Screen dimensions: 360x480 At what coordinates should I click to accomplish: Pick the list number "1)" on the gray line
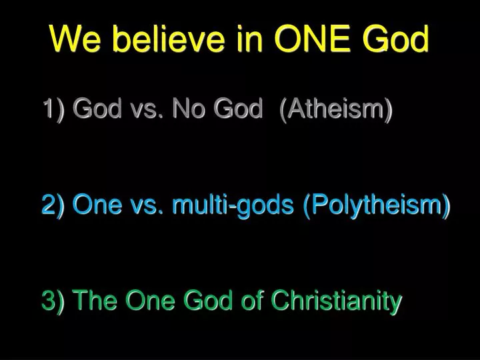click(x=53, y=108)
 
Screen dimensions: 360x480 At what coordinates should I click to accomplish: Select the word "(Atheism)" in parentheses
click(x=337, y=108)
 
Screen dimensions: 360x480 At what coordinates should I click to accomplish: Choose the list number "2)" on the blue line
click(x=53, y=205)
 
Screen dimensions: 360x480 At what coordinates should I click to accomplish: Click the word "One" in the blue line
click(x=95, y=205)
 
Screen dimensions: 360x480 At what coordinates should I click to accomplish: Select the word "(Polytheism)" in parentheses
click(x=377, y=205)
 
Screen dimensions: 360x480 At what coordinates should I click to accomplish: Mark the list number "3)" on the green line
click(x=53, y=301)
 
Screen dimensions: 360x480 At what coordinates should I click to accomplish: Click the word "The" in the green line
click(x=95, y=301)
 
